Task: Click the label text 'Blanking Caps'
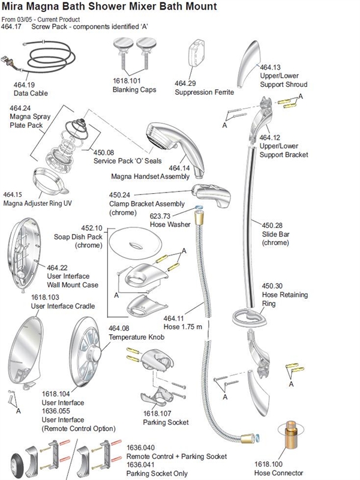pos(134,90)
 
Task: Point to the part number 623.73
pos(161,215)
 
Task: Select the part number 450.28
pos(273,226)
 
